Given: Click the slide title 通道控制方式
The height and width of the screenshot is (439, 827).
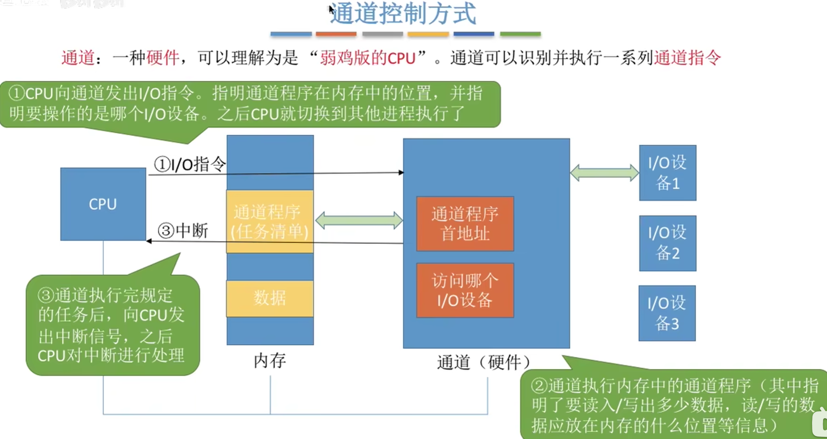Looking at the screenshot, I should pyautogui.click(x=403, y=14).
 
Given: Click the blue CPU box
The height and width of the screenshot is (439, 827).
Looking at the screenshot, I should pyautogui.click(x=103, y=204).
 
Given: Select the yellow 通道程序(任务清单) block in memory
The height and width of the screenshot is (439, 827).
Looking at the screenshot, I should pyautogui.click(x=270, y=222).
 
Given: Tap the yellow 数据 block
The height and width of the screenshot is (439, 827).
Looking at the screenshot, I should pyautogui.click(x=270, y=298).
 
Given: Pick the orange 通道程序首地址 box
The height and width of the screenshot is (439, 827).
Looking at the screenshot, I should pyautogui.click(x=465, y=224).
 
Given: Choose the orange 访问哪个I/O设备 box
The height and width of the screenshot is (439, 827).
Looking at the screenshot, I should pyautogui.click(x=465, y=290).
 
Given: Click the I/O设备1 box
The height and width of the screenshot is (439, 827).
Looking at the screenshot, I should pyautogui.click(x=668, y=173).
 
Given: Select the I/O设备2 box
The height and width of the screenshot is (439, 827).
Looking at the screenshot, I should pyautogui.click(x=668, y=243).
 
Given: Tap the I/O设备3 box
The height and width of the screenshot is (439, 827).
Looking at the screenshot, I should pyautogui.click(x=667, y=313).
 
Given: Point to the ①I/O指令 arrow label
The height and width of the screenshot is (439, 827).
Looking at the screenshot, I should pyautogui.click(x=190, y=164).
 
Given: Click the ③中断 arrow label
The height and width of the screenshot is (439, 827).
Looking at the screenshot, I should pyautogui.click(x=183, y=231).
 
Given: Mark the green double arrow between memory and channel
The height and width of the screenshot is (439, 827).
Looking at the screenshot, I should pyautogui.click(x=359, y=220).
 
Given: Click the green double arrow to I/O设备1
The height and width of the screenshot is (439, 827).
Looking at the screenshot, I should pyautogui.click(x=604, y=173).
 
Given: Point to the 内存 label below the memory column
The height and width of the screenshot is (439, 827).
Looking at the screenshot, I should pyautogui.click(x=270, y=361).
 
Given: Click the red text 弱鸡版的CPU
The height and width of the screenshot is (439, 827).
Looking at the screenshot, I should pyautogui.click(x=368, y=58).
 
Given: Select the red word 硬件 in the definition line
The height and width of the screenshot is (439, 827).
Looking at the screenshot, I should pyautogui.click(x=163, y=58).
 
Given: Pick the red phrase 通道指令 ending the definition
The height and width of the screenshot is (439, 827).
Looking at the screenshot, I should pyautogui.click(x=687, y=58).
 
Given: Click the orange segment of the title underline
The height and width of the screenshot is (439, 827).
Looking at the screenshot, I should pyautogui.click(x=336, y=34).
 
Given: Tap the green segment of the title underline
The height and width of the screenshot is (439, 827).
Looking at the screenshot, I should pyautogui.click(x=520, y=34).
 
